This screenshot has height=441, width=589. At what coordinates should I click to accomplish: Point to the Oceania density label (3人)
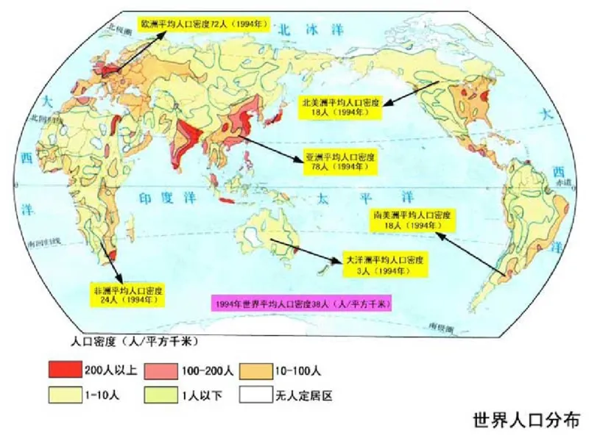tap(382, 265)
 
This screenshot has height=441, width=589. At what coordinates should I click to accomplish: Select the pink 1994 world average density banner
tap(302, 303)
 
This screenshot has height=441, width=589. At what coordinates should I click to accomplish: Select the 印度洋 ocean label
tap(166, 196)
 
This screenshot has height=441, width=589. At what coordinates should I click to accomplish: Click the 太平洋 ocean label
tap(360, 197)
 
